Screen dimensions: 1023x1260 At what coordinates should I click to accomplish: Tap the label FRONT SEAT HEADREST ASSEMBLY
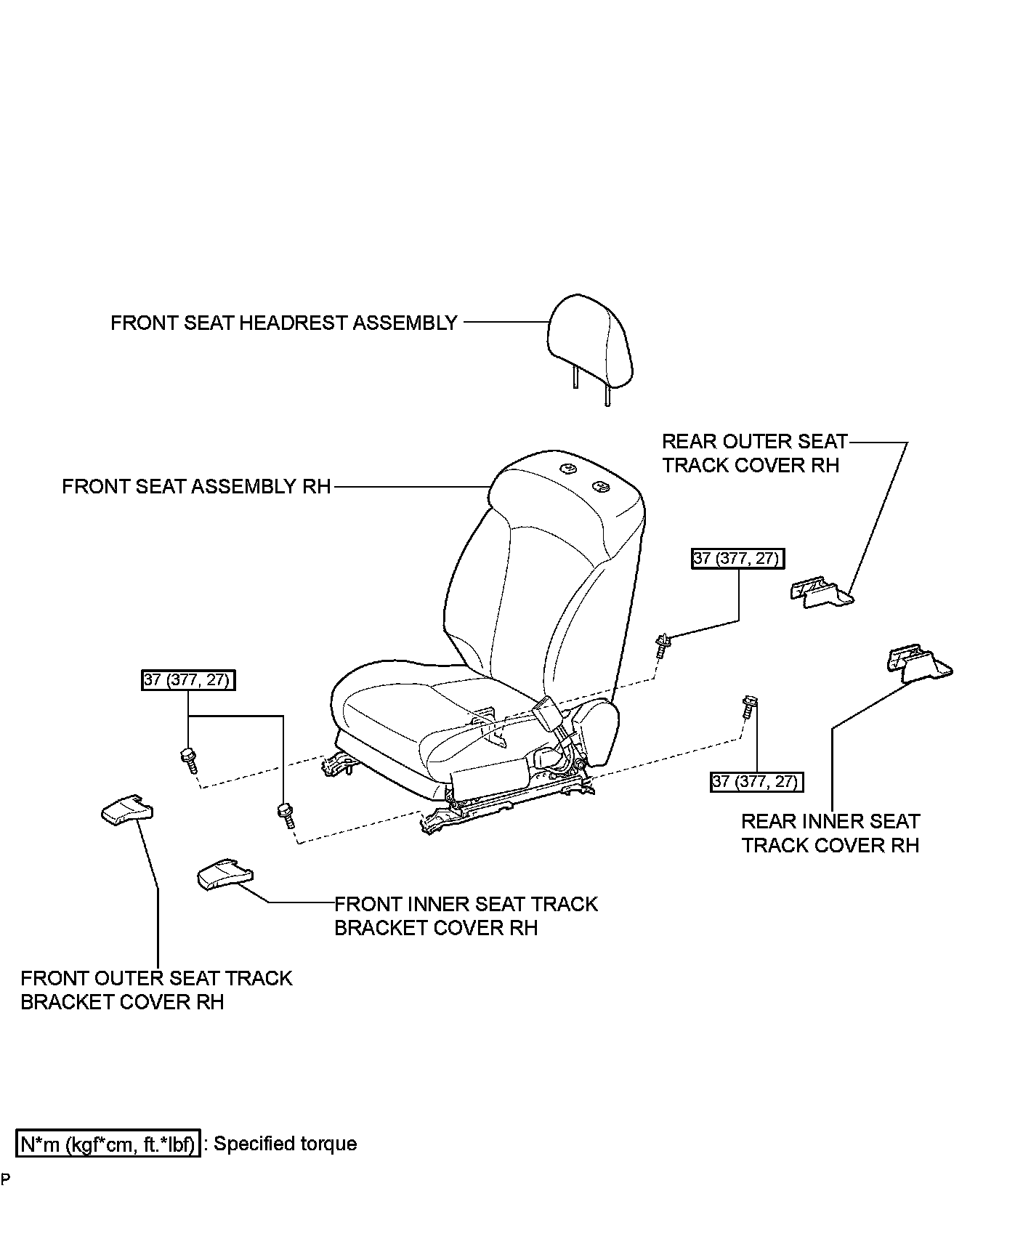point(284,323)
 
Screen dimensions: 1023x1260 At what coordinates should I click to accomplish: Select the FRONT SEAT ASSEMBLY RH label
point(196,486)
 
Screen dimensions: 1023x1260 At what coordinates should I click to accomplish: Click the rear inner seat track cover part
point(919,663)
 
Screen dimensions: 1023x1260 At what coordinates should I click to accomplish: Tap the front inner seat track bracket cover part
point(225,874)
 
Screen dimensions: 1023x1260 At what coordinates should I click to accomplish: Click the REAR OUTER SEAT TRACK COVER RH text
point(755,453)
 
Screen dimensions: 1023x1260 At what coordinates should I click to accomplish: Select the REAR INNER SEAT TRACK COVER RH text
point(830,833)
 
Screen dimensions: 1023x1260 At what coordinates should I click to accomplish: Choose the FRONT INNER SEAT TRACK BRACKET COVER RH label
point(466,916)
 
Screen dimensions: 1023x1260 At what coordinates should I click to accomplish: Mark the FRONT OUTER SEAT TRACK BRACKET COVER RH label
point(156,990)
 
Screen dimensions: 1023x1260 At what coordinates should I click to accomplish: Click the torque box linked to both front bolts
point(188,680)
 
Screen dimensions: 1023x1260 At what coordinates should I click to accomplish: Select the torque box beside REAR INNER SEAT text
point(757,781)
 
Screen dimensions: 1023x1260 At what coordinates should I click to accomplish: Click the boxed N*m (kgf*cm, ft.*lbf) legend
point(108,1144)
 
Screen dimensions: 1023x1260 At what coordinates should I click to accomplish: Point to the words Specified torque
point(286,1144)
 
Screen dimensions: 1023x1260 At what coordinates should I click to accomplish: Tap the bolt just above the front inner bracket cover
point(286,815)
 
